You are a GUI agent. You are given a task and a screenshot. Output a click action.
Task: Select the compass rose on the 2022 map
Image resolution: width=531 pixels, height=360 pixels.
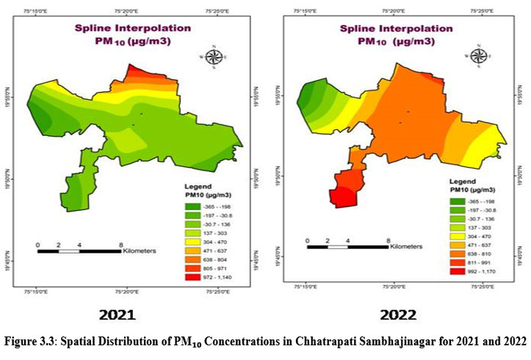(479, 57)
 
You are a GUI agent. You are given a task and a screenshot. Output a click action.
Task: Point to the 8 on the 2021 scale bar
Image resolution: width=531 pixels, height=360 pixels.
(120, 243)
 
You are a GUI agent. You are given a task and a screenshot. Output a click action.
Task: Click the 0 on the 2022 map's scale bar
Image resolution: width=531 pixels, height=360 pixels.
(308, 240)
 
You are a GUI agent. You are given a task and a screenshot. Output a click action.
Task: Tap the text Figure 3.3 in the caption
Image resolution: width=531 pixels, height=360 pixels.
(35, 342)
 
